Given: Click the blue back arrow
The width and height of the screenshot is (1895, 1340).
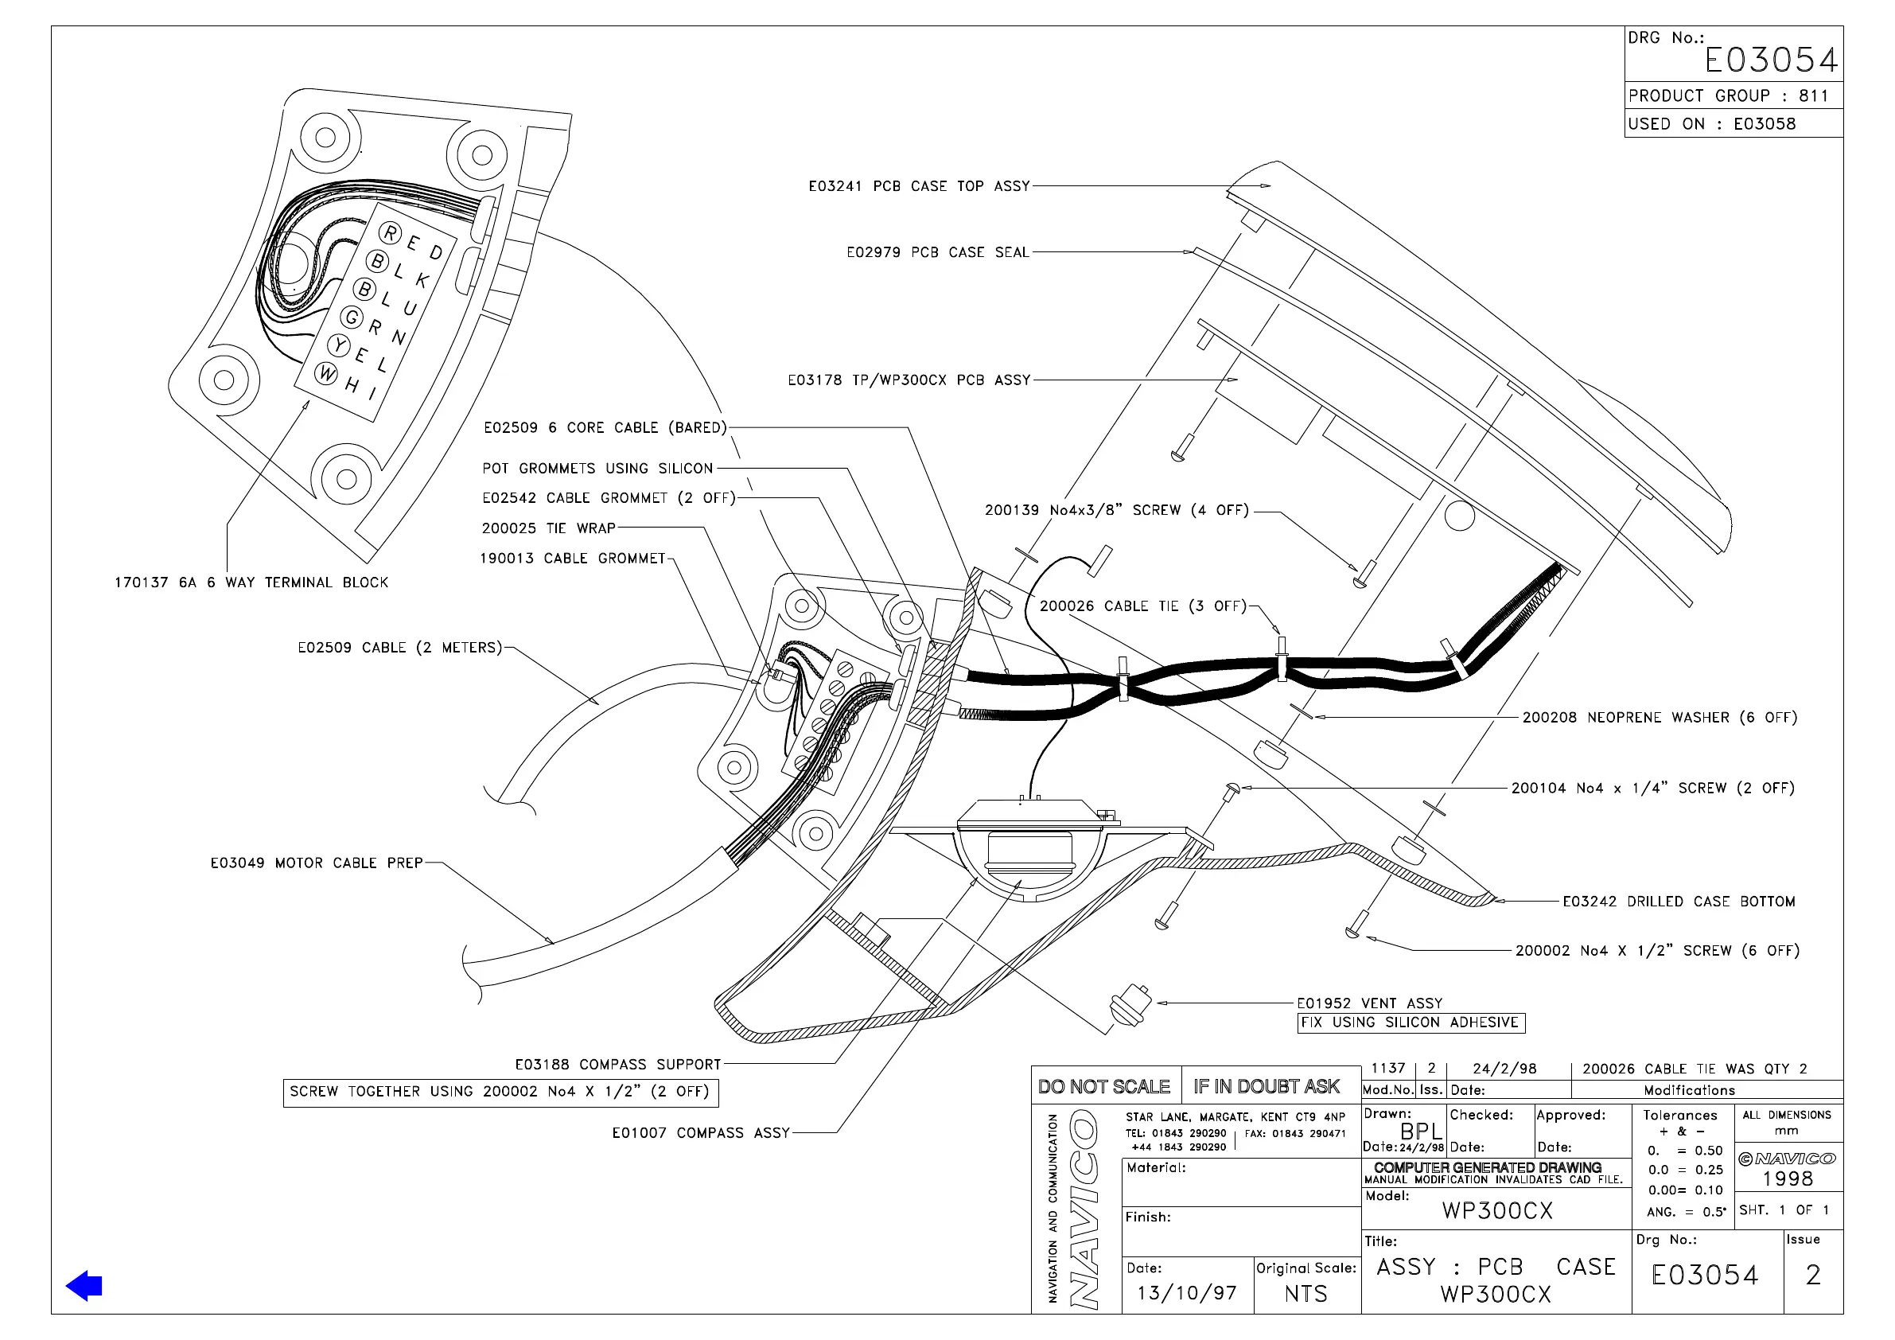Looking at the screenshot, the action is [x=84, y=1286].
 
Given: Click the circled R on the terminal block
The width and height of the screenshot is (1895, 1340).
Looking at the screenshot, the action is [x=391, y=234].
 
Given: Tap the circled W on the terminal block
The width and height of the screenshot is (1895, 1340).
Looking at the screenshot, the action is [x=327, y=373].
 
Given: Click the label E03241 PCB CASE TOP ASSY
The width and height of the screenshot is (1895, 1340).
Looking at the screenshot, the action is [x=919, y=186].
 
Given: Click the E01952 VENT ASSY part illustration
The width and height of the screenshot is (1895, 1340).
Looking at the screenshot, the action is [x=1130, y=1005].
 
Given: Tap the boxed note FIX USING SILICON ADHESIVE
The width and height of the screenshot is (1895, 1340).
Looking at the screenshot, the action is [x=1411, y=1023].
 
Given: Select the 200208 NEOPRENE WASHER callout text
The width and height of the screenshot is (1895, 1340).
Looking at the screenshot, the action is [x=1659, y=718].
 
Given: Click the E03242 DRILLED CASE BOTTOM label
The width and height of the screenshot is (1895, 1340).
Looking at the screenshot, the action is [x=1679, y=902].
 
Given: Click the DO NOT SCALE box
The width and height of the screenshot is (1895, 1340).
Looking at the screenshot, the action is [x=1104, y=1086].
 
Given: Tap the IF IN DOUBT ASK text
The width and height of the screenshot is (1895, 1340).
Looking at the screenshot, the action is [x=1267, y=1086].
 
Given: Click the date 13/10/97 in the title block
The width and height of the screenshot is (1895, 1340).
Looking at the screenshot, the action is [x=1187, y=1293].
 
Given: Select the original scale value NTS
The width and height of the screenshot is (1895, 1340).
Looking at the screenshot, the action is [x=1305, y=1294].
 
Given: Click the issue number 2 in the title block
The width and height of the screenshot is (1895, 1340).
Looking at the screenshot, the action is [x=1812, y=1276].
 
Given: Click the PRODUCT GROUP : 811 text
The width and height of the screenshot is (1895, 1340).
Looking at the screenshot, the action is [x=1728, y=95].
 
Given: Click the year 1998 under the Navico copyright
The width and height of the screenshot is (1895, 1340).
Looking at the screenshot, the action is [x=1788, y=1179].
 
